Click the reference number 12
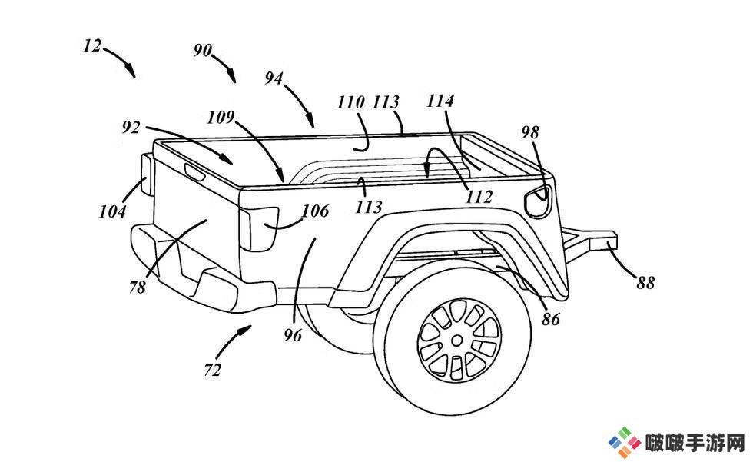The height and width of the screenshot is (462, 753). click(x=92, y=46)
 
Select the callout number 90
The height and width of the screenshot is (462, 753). click(x=203, y=50)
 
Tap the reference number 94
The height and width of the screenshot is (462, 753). click(x=274, y=78)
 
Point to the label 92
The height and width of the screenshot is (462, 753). click(x=131, y=128)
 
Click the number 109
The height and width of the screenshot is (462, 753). click(x=221, y=117)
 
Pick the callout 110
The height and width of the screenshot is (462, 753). click(x=351, y=102)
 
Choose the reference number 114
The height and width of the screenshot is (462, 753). click(x=440, y=101)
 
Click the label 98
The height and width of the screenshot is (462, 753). click(x=530, y=132)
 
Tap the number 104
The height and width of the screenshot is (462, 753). click(x=112, y=211)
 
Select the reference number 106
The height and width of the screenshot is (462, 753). click(x=316, y=211)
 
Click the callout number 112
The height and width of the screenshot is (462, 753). click(x=479, y=197)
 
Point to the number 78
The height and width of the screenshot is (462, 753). click(x=138, y=287)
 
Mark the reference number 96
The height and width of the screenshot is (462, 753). click(x=293, y=334)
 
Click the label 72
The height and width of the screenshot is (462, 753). click(x=212, y=370)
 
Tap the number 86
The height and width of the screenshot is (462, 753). click(x=550, y=318)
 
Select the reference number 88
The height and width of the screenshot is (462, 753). click(x=645, y=282)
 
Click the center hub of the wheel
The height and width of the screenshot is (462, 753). click(x=457, y=341)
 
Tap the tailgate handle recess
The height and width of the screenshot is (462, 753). click(x=195, y=171)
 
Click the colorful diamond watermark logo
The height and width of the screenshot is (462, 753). click(x=625, y=441)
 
